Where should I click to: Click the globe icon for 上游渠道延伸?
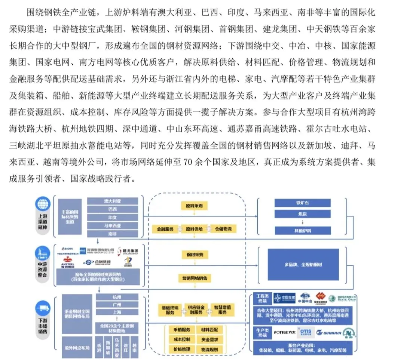[42, 204]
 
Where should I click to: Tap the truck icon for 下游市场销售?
[42, 309]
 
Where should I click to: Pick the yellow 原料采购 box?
[194, 206]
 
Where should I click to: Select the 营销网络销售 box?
[194, 278]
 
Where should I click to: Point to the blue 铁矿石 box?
[303, 203]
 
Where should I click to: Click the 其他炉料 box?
[303, 231]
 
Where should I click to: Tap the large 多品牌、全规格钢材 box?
[303, 265]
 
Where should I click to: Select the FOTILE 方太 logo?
[285, 332]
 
